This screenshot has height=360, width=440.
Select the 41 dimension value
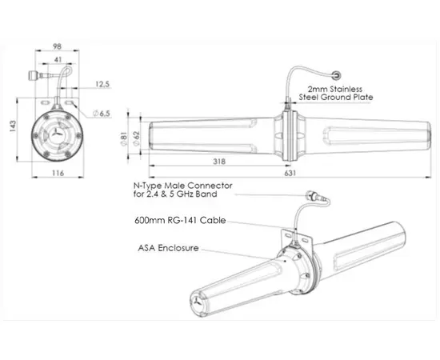tap(59, 59)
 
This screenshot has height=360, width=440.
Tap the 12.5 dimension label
tap(103, 82)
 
